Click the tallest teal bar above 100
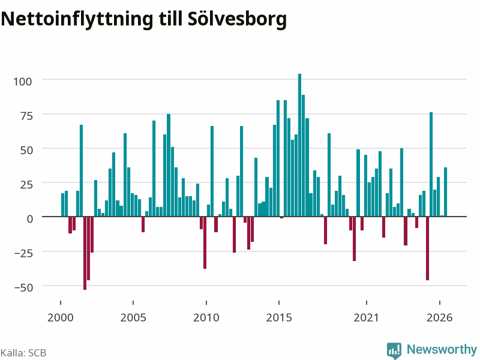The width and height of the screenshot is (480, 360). coord(299,145)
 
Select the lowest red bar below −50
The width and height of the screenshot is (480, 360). coord(85,253)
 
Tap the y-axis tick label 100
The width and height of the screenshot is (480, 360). coord(23,82)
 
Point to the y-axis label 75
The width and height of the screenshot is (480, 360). coord(26,116)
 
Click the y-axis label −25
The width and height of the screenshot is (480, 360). coord(23,253)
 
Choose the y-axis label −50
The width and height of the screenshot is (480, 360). coord(23,287)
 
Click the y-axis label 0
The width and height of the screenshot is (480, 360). coord(29,219)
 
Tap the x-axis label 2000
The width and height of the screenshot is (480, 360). coord(61,317)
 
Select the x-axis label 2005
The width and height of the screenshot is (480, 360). coord(133,317)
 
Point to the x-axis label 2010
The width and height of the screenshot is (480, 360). coord(206,317)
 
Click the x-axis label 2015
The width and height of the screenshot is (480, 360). coord(279,317)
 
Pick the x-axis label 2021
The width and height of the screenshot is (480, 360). coord(366,317)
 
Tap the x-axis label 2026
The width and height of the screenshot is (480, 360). coord(439,317)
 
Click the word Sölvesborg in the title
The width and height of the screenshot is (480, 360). coord(237,19)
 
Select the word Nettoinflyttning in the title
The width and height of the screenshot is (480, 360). coord(77,19)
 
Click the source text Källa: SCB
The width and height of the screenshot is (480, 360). coord(23,353)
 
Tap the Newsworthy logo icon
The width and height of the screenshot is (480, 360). coord(394,350)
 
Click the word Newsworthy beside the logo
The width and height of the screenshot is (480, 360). coord(442,349)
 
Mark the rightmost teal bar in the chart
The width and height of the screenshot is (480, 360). coord(445,192)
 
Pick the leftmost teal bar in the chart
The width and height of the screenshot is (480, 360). coord(63,205)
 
